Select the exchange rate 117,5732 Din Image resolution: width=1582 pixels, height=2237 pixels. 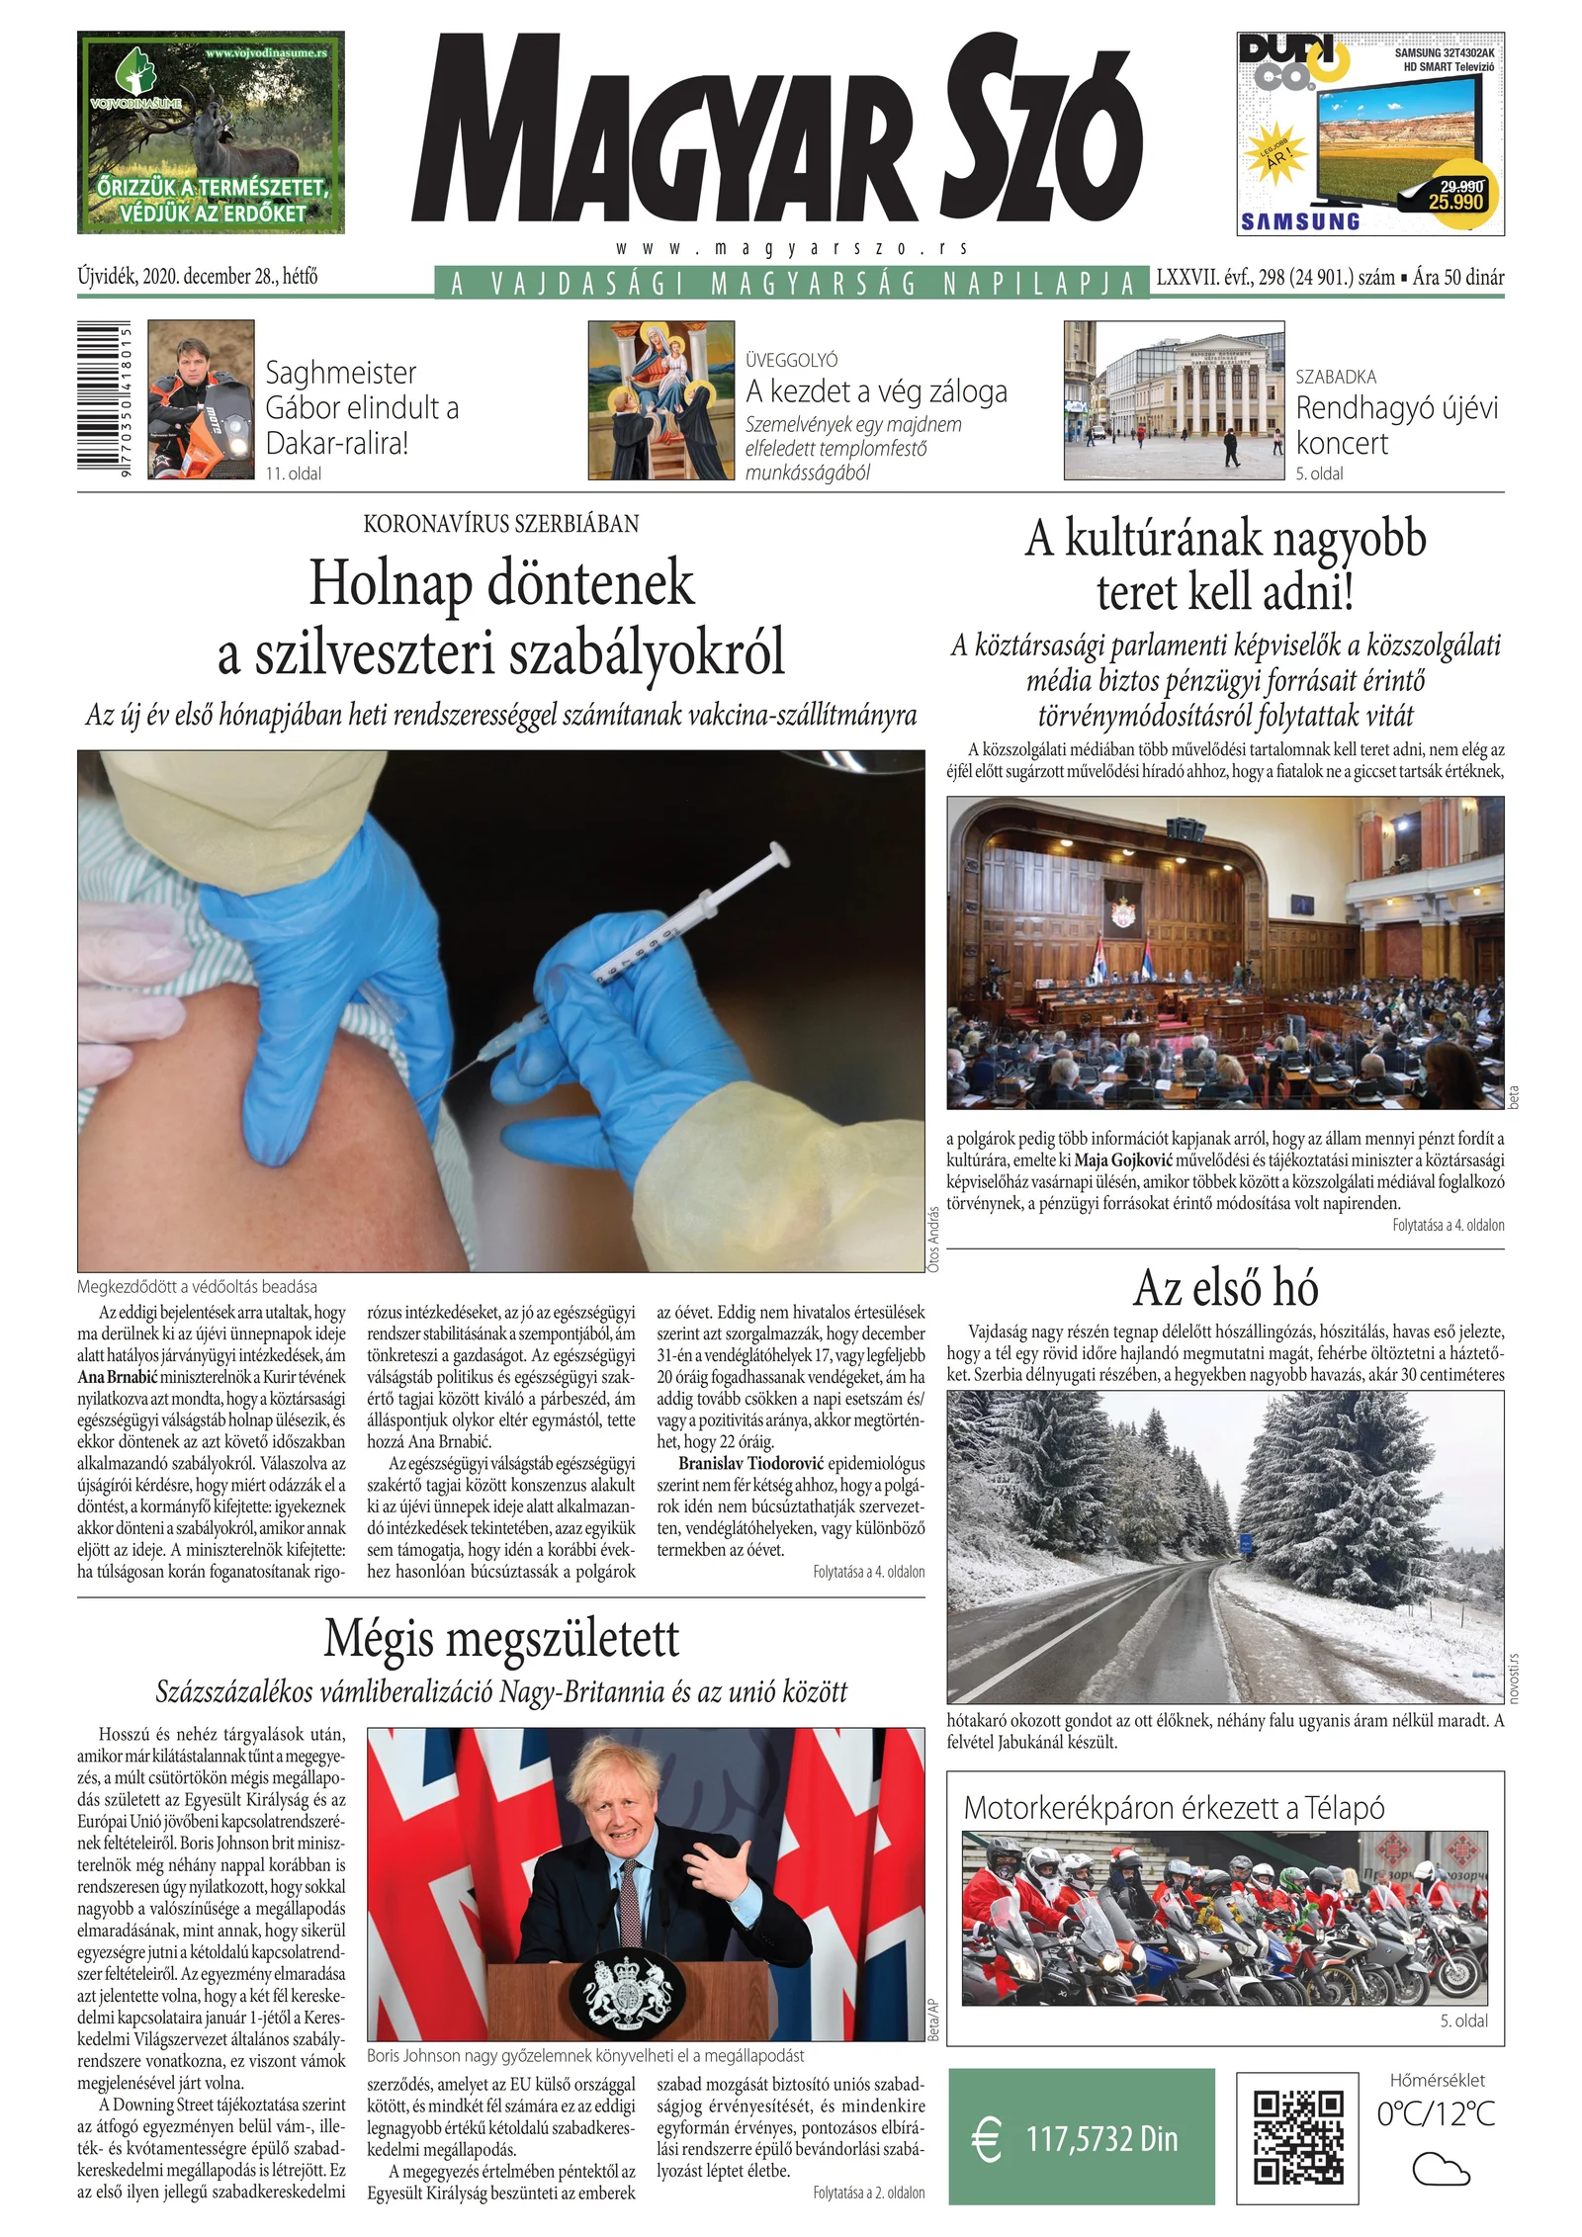[x=1101, y=2139]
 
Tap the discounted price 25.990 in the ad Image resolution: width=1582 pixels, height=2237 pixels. [x=1455, y=202]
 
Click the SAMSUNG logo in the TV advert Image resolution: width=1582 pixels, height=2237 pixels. [x=1300, y=221]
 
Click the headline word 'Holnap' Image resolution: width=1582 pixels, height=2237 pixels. [x=390, y=583]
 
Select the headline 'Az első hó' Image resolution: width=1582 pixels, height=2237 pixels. [x=1225, y=1288]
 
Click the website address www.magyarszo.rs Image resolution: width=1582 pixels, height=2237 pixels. [x=790, y=248]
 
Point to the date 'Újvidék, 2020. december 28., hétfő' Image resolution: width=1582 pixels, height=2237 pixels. [x=198, y=277]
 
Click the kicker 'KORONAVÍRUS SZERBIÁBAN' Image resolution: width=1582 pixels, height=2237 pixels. [x=501, y=524]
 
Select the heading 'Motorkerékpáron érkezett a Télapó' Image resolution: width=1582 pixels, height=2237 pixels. [x=1174, y=1808]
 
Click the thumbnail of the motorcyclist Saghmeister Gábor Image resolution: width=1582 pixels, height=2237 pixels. [x=201, y=400]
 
